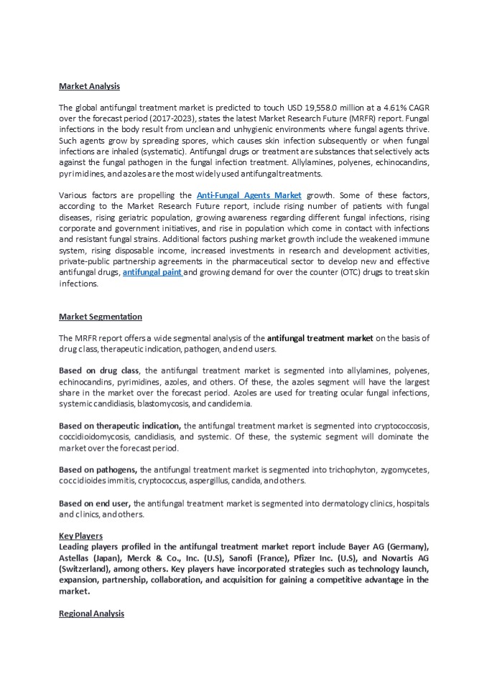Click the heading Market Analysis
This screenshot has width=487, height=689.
pyautogui.click(x=89, y=86)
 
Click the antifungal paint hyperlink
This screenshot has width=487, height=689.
pyautogui.click(x=152, y=273)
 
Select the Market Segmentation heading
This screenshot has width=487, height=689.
pyautogui.click(x=100, y=317)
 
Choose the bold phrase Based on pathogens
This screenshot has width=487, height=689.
pyautogui.click(x=99, y=469)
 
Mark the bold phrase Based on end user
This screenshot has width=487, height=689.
pyautogui.click(x=95, y=503)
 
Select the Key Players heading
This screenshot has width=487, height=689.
pyautogui.click(x=80, y=536)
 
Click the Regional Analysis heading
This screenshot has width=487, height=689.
pyautogui.click(x=91, y=614)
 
